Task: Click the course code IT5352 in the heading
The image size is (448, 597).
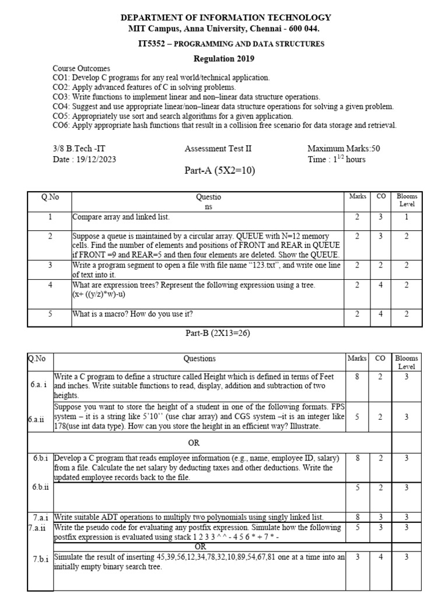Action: (x=151, y=44)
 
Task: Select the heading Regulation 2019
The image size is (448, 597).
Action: (x=224, y=59)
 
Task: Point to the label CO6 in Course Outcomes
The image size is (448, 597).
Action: (x=61, y=125)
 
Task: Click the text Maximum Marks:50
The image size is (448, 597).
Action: (x=344, y=149)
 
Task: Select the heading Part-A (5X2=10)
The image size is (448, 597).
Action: (x=220, y=171)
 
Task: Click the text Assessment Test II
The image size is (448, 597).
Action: (x=218, y=149)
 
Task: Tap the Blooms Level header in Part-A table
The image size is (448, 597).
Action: (x=407, y=201)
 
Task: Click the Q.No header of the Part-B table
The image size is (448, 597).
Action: (x=37, y=359)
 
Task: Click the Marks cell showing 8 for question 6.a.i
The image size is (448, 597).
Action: (x=358, y=377)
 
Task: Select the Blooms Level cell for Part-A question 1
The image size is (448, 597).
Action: (x=407, y=217)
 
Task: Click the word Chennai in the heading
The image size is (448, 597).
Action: (x=264, y=29)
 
